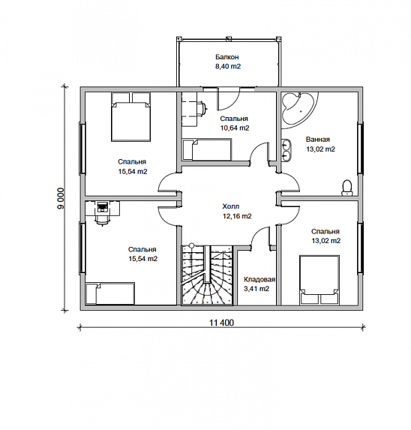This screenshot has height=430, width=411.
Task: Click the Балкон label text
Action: (x=226, y=57)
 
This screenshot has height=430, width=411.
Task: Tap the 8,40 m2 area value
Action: (x=228, y=66)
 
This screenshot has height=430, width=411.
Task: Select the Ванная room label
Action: (x=318, y=140)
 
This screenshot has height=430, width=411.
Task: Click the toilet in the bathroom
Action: (x=347, y=188)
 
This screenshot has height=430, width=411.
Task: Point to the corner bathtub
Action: (x=298, y=107)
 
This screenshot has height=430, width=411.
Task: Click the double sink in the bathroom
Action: (x=286, y=150)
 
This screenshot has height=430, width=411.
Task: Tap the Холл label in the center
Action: (x=231, y=206)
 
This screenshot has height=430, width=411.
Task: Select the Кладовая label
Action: (x=259, y=280)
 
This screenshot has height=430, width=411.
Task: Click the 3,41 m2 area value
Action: (x=256, y=289)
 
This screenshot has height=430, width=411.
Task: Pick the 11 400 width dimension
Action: (x=222, y=323)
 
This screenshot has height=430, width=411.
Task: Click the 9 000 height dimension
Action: (x=61, y=198)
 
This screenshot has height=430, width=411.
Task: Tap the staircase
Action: (x=207, y=275)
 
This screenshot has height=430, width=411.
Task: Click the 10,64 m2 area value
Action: (x=235, y=128)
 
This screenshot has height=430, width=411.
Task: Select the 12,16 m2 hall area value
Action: (x=237, y=216)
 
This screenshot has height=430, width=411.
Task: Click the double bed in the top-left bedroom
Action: (x=131, y=117)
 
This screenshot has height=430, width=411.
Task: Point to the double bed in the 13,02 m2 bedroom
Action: (x=319, y=280)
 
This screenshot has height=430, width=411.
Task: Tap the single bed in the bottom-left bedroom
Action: (x=110, y=294)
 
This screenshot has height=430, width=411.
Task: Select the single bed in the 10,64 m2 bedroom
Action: (x=207, y=149)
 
